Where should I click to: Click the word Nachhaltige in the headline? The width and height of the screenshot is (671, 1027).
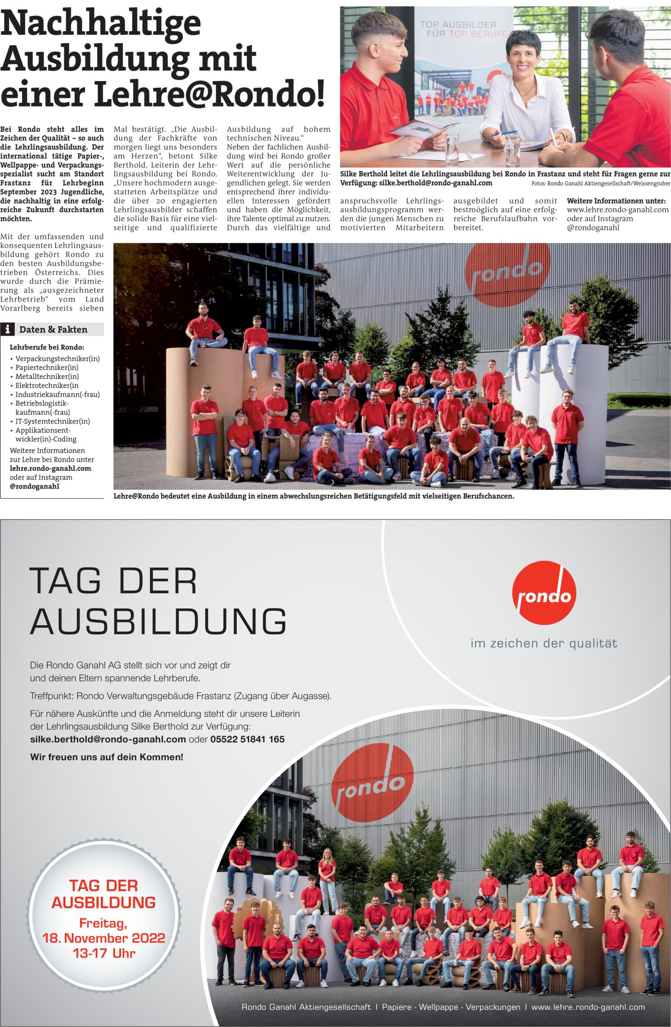point(101,25)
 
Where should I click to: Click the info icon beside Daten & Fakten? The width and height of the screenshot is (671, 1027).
point(8,330)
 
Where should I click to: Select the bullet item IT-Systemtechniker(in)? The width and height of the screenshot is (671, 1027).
point(53,421)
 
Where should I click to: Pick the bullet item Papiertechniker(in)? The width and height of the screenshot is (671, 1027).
point(46,367)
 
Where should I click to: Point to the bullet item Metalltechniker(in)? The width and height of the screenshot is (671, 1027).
point(47,376)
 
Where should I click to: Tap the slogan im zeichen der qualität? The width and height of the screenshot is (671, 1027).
point(543,643)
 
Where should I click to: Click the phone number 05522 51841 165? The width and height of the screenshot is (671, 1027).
point(247,739)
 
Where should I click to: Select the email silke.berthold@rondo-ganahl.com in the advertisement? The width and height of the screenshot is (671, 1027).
point(108,739)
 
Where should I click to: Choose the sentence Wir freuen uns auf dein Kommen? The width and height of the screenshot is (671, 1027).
point(106,757)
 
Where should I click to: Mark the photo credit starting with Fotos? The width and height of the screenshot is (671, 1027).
point(601,183)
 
